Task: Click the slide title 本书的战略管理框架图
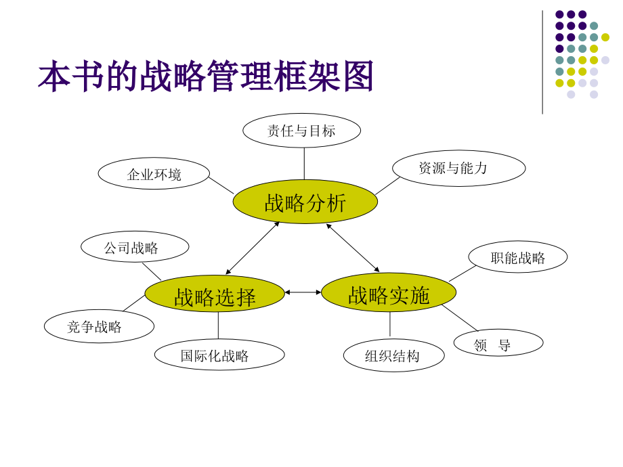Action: point(206,76)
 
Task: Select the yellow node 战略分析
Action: point(305,202)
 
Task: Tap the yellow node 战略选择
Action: point(215,294)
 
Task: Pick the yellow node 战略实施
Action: point(389,292)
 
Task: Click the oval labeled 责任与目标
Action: point(301,131)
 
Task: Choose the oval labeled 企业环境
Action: point(154,173)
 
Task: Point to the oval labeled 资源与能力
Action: point(459,168)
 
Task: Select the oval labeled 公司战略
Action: point(135,246)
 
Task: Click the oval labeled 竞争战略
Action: point(99,326)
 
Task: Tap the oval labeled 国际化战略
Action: point(219,355)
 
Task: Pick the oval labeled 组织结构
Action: point(393,355)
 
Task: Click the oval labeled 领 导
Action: point(498,342)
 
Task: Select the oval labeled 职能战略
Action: point(518,257)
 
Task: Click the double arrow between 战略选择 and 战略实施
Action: point(303,292)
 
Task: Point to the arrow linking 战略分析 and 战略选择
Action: point(253,248)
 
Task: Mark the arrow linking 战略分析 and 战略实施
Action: point(353,248)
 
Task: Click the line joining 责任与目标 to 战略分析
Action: point(304,164)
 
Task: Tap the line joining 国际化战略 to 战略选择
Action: point(218,326)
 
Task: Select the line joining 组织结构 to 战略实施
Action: point(390,324)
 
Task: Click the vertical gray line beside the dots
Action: point(542,62)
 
